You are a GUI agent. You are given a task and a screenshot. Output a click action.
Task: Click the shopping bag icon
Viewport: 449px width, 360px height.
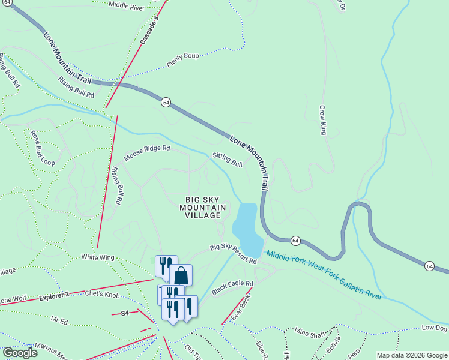click(x=181, y=275)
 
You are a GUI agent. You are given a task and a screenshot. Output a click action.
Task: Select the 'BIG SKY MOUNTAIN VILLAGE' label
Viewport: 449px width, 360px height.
click(x=203, y=207)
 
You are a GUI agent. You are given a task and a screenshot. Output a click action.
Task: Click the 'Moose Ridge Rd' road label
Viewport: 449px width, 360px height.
click(x=147, y=153)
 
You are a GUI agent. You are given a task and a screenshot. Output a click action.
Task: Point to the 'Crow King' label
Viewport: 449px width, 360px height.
click(x=323, y=121)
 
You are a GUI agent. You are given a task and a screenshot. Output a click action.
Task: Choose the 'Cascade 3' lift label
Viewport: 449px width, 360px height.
click(x=149, y=30)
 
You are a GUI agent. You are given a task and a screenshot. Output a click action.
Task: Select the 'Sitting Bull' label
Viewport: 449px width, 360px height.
click(x=228, y=159)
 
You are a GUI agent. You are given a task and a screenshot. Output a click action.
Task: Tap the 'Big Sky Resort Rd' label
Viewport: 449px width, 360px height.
click(x=233, y=254)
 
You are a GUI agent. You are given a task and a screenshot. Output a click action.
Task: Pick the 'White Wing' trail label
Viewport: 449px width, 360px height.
click(x=98, y=257)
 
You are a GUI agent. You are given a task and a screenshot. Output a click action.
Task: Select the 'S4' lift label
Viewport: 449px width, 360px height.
click(x=125, y=313)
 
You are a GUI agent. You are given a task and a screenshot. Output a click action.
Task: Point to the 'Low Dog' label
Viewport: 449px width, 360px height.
click(x=435, y=328)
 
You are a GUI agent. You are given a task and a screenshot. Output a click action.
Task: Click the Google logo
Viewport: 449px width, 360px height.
click(x=20, y=352)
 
